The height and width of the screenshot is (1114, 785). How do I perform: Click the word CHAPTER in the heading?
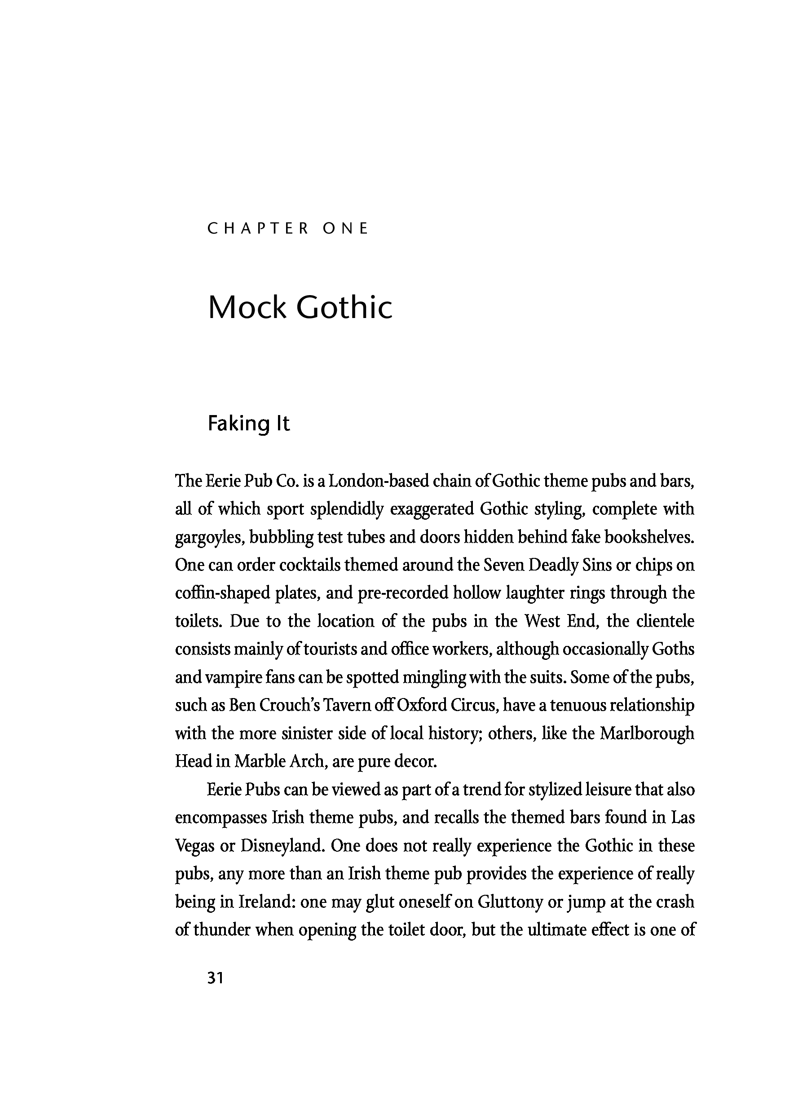click(258, 228)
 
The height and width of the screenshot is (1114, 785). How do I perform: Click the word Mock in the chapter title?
click(247, 308)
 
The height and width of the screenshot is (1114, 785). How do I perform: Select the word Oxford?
click(421, 705)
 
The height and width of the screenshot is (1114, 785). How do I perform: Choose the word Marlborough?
click(647, 733)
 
